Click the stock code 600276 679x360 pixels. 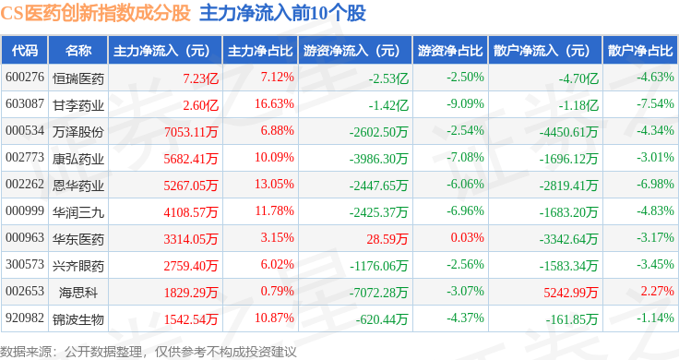[x=25, y=78]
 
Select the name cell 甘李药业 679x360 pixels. [x=78, y=105]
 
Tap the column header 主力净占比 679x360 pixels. [x=260, y=51]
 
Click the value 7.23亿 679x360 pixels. [x=200, y=78]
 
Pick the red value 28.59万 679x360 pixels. [x=387, y=239]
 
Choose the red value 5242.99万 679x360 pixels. [x=571, y=293]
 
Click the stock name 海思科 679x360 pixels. [x=78, y=293]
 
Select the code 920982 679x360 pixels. [x=25, y=318]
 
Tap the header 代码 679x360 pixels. [x=25, y=51]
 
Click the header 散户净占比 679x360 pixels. [x=640, y=51]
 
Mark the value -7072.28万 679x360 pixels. [x=379, y=293]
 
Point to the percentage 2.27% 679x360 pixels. [x=658, y=291]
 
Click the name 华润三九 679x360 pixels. [x=78, y=212]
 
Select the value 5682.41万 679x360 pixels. [x=191, y=159]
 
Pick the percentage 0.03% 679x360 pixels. [x=467, y=237]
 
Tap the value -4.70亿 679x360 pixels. [x=578, y=78]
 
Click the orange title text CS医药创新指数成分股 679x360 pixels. [x=95, y=13]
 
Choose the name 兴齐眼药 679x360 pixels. [x=78, y=266]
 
